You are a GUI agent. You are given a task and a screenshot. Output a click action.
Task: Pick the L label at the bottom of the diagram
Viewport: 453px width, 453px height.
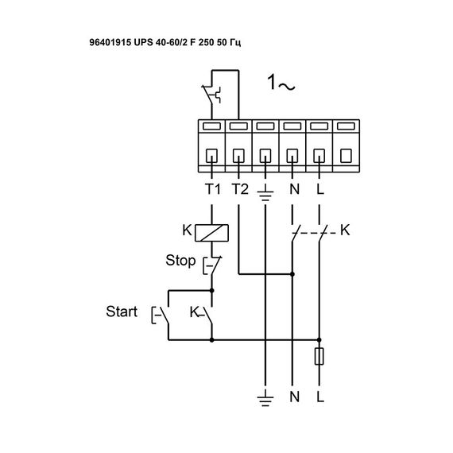(x=319, y=395)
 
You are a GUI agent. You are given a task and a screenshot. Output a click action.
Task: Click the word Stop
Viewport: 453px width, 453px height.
(x=180, y=260)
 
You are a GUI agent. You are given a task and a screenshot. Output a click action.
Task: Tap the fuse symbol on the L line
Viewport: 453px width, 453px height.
(x=319, y=357)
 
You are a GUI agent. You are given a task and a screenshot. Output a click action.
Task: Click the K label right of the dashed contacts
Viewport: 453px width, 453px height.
(x=344, y=230)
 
